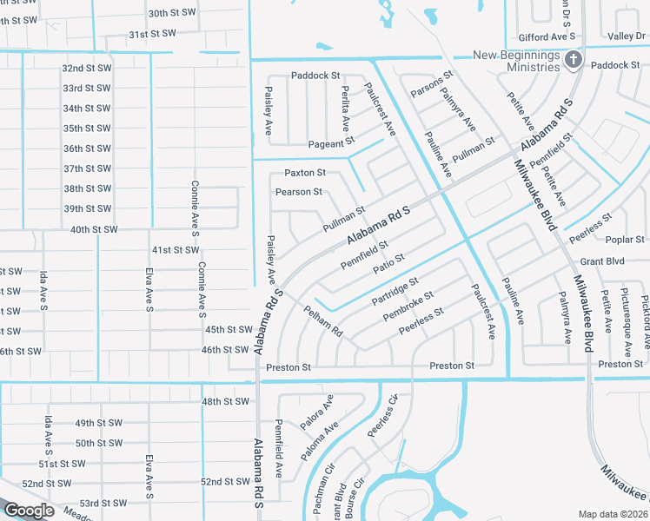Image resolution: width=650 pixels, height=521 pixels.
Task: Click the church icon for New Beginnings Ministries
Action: coord(573,59)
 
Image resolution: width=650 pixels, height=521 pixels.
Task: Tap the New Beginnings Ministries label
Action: coord(516,61)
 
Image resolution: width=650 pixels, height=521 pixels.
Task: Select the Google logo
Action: coord(29,511)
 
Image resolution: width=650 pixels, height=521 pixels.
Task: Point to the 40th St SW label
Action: coord(93,229)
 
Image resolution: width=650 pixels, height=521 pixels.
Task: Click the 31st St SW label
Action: coord(152,33)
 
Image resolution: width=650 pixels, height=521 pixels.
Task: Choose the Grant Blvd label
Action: coord(603,260)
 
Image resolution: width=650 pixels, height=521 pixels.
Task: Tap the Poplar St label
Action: coord(627,239)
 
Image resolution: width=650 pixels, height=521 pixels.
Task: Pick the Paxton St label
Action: coord(305,173)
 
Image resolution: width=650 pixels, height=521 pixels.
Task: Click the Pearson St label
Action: coord(299,191)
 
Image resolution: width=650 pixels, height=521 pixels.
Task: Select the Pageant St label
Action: coord(332,142)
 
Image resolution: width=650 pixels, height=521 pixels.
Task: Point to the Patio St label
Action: coord(388,263)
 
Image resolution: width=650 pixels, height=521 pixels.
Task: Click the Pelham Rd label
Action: coord(323,320)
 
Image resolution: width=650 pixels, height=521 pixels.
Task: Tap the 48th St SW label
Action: coord(226,401)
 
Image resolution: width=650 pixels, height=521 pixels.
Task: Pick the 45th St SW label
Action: coord(228,330)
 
